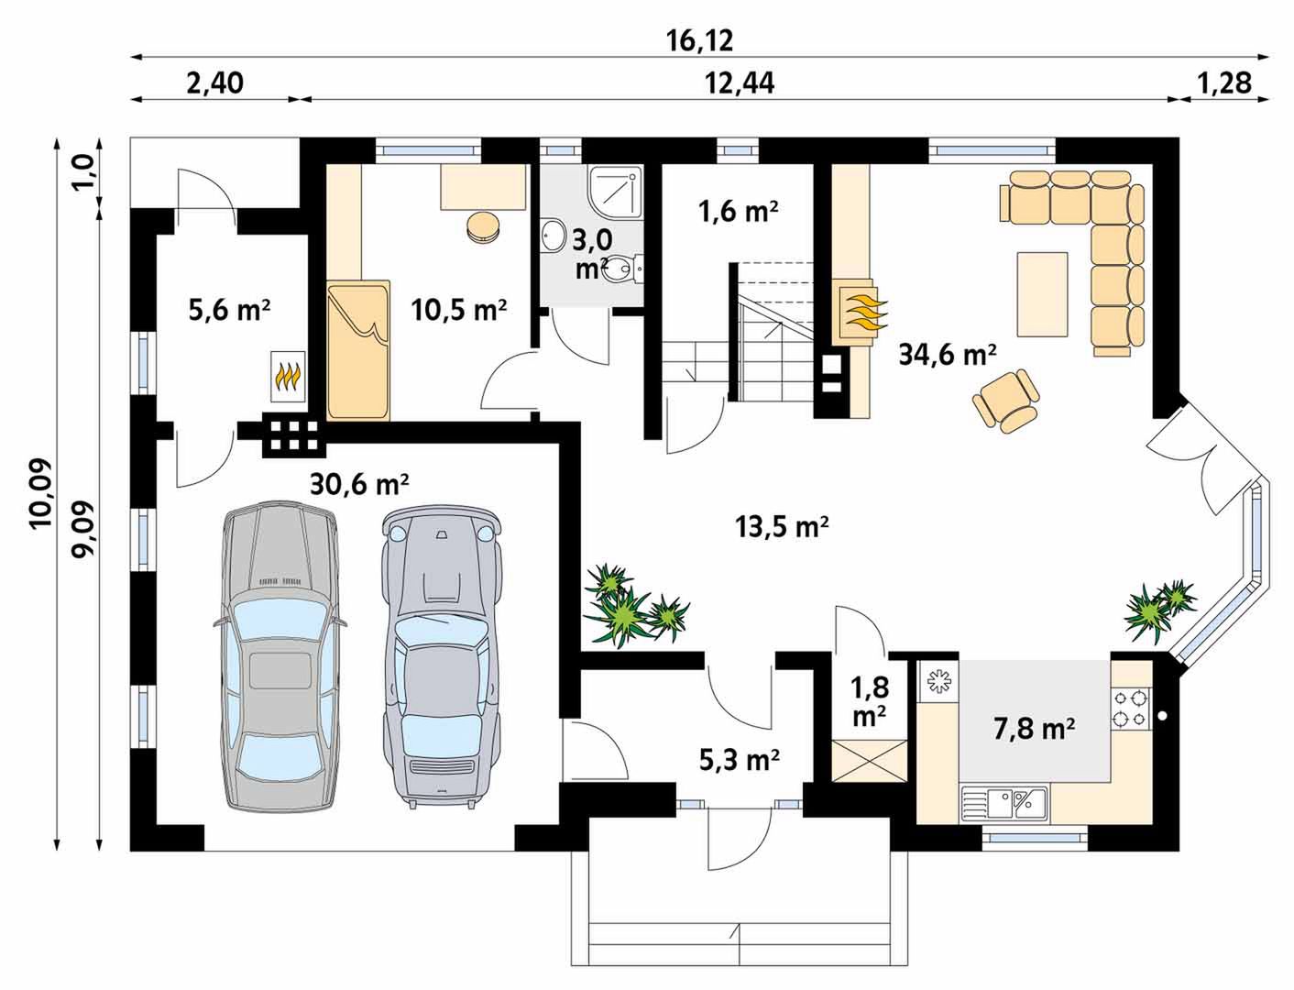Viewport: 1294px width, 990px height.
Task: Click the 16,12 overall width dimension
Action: tap(700, 40)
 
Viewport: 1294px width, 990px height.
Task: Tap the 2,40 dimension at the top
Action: tap(214, 83)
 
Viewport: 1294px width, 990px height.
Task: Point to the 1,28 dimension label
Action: tap(1223, 83)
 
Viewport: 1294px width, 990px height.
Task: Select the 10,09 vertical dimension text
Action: tap(42, 493)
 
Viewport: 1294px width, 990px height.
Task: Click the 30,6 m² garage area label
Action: tap(359, 484)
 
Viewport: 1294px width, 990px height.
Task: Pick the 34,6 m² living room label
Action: tap(948, 355)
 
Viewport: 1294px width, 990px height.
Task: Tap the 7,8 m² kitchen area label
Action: tap(1034, 729)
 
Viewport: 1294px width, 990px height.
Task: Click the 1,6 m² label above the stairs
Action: tap(738, 211)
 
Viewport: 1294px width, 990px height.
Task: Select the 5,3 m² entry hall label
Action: tap(740, 760)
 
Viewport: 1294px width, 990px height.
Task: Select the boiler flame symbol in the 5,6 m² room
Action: tap(288, 376)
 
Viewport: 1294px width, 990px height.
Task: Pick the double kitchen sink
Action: tap(1003, 805)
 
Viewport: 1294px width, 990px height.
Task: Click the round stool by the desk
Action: tap(483, 227)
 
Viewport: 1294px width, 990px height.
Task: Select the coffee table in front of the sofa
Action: tap(1042, 294)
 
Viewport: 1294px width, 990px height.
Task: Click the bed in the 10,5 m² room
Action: tap(358, 350)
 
